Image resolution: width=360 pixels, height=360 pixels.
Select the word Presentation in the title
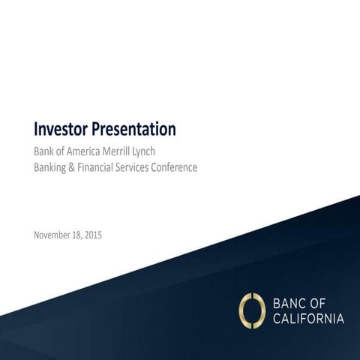(x=136, y=130)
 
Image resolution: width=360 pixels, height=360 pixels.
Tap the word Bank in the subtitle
(x=44, y=151)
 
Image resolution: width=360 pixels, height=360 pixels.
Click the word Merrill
(x=129, y=151)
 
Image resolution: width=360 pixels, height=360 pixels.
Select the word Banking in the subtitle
(x=52, y=168)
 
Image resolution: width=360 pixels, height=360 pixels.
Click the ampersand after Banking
(x=76, y=168)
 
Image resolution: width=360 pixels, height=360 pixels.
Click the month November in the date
(x=55, y=235)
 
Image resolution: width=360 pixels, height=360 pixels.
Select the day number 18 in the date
(x=83, y=235)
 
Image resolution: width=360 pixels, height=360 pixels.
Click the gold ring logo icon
(x=251, y=310)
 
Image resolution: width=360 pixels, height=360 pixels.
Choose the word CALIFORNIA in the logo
(x=308, y=319)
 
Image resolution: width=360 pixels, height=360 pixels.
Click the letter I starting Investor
(x=36, y=130)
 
